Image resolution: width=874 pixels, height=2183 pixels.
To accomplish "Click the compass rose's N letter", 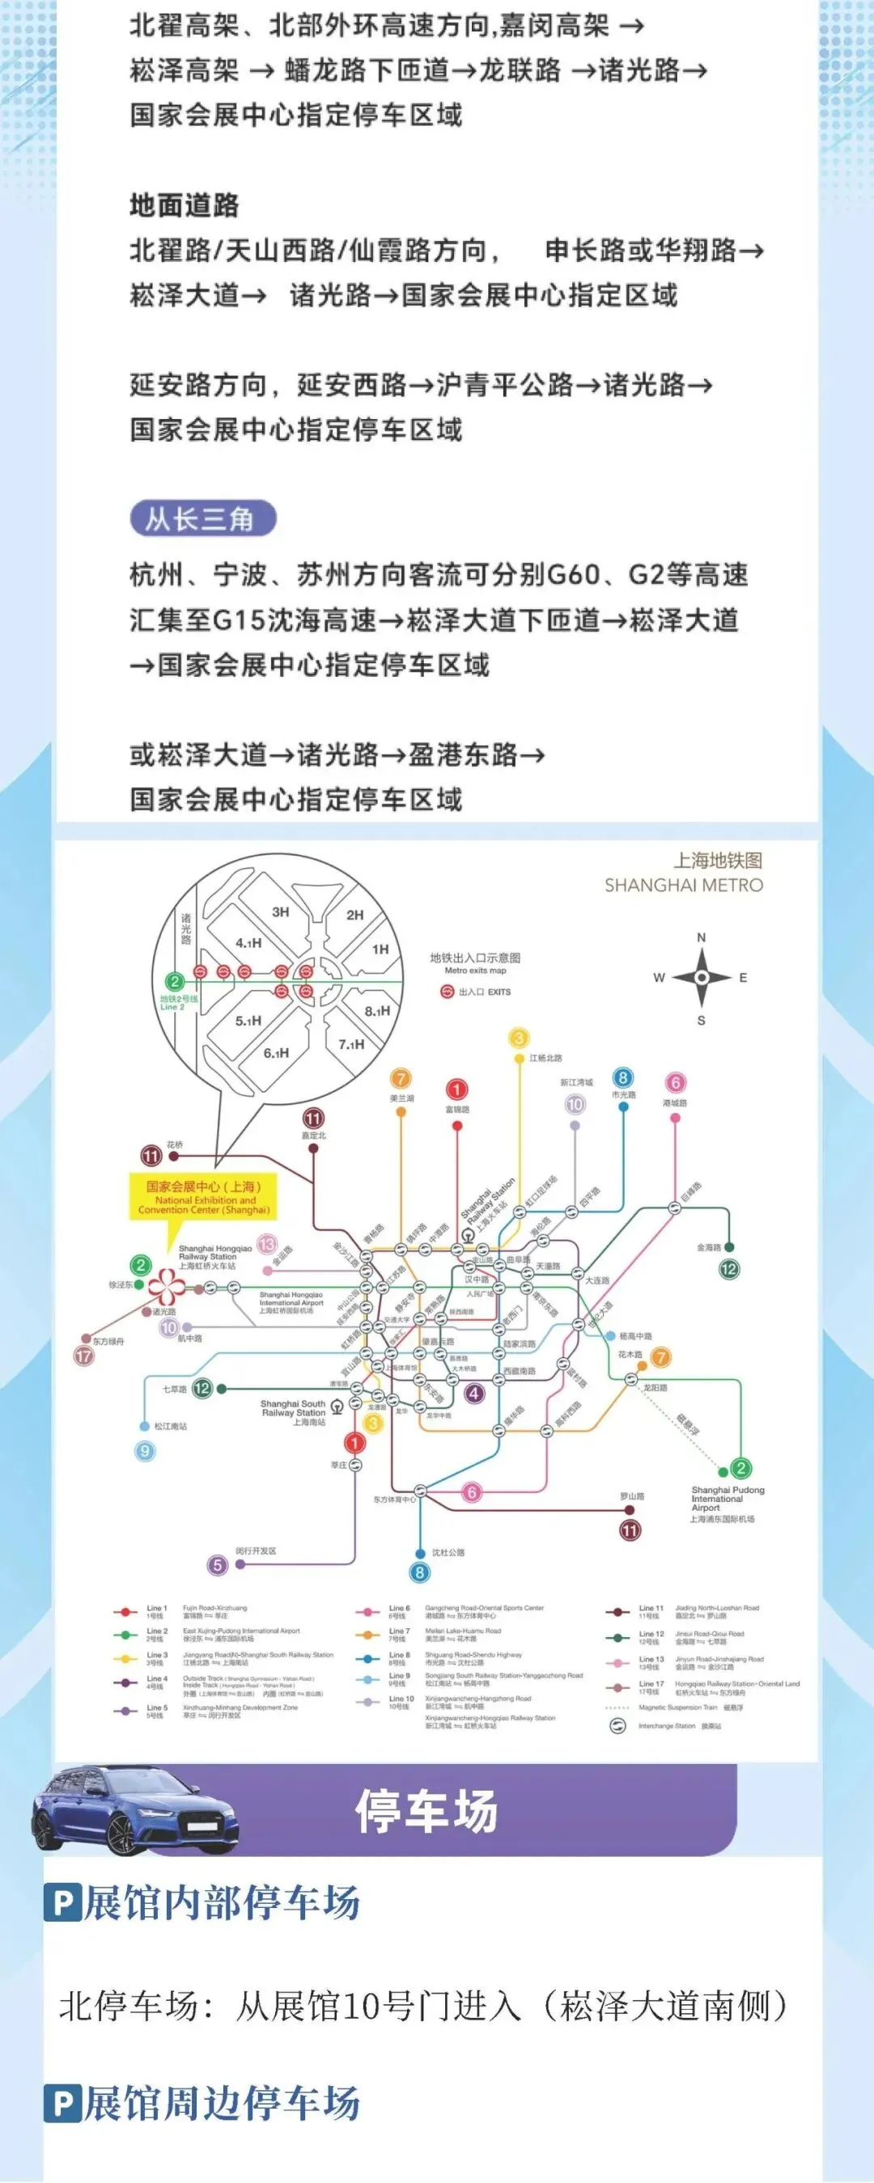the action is pyautogui.click(x=701, y=937).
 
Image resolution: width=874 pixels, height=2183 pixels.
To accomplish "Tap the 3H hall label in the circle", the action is pyautogui.click(x=281, y=912).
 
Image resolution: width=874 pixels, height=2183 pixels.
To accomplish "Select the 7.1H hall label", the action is pyautogui.click(x=351, y=1044).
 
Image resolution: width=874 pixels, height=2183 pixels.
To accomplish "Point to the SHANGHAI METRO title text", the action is pyautogui.click(x=683, y=885).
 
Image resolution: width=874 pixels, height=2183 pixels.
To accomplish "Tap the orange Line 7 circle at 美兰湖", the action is pyautogui.click(x=400, y=1078).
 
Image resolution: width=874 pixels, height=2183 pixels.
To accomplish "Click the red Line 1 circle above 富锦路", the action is pyautogui.click(x=456, y=1089).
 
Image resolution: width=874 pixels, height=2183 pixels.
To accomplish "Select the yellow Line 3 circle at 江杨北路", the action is pyautogui.click(x=519, y=1038).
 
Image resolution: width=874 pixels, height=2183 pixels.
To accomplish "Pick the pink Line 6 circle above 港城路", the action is pyautogui.click(x=675, y=1082).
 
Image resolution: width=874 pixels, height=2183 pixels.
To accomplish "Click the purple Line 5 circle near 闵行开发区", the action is pyautogui.click(x=218, y=1564).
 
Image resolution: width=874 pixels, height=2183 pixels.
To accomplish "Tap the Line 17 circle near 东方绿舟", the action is pyautogui.click(x=84, y=1355).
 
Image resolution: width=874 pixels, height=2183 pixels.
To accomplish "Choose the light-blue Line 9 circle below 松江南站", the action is pyautogui.click(x=145, y=1450).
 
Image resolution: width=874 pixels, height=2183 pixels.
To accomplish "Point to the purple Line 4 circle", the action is pyautogui.click(x=475, y=1392).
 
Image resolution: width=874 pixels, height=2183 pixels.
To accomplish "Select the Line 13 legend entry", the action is pyautogui.click(x=651, y=1663).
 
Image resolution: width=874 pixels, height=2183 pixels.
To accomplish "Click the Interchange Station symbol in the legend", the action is pyautogui.click(x=618, y=1726).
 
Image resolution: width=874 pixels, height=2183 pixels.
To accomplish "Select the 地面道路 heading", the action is pyautogui.click(x=184, y=205).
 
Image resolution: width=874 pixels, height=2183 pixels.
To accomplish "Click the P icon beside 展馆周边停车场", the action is pyautogui.click(x=63, y=2104).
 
